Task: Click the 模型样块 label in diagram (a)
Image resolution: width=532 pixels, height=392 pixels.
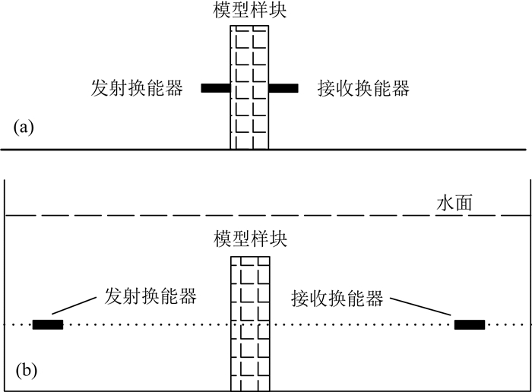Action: [x=250, y=12]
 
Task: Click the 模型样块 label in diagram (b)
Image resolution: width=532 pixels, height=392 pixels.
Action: [x=250, y=242]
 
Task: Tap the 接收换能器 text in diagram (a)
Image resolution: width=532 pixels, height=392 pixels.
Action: [x=364, y=89]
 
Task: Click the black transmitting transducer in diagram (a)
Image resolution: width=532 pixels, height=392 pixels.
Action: [x=216, y=89]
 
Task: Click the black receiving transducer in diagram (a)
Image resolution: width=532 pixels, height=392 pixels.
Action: [x=283, y=89]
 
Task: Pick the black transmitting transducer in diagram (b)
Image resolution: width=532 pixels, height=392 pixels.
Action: [x=48, y=325]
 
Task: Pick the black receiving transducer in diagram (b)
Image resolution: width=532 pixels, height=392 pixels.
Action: [x=469, y=325]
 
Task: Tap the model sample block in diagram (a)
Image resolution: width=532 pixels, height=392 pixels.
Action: [x=250, y=87]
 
